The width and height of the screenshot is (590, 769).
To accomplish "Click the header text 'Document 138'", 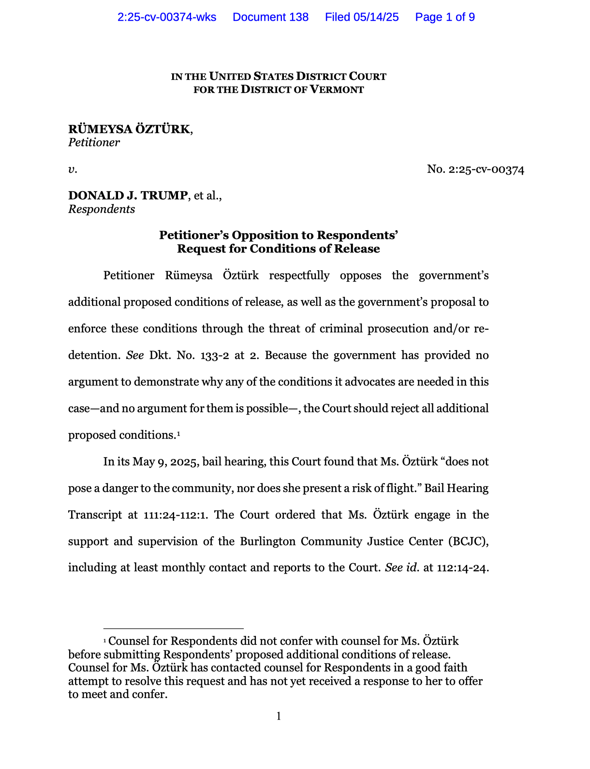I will tap(270, 17).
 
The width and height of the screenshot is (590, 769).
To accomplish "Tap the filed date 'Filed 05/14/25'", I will tap(362, 17).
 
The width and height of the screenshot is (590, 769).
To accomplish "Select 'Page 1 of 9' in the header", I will tap(445, 17).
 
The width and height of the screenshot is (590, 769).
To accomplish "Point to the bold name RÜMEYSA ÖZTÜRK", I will tap(129, 129).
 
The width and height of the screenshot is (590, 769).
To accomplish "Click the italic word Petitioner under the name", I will tap(94, 143).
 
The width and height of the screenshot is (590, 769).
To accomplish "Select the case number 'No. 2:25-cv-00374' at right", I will tap(475, 169).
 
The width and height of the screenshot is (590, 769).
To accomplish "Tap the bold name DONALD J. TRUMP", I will tap(128, 195).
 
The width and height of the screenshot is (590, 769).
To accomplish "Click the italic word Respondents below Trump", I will tap(102, 209).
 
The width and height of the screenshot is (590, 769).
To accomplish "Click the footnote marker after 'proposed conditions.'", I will tap(178, 433).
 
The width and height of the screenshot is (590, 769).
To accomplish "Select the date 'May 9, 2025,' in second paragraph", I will tap(166, 462).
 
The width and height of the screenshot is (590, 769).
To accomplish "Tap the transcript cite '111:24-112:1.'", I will tap(176, 515).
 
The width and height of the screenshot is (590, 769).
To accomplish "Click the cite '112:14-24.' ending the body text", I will tap(463, 568).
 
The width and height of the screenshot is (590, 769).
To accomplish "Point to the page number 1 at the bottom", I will tap(279, 716).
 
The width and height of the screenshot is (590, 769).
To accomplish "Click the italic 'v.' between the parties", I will tap(73, 170).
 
